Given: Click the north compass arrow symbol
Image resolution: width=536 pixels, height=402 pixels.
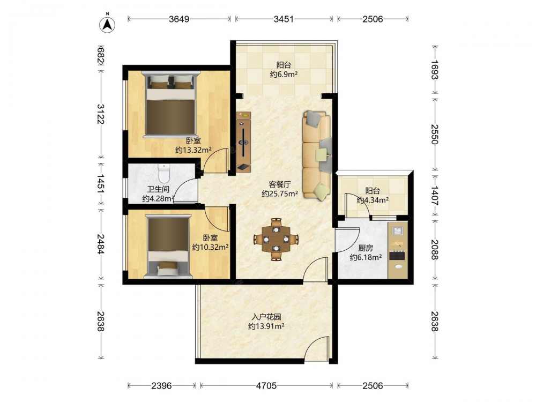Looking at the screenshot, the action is tap(107, 24).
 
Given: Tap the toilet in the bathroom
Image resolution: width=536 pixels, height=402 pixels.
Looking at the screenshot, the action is tap(164, 173).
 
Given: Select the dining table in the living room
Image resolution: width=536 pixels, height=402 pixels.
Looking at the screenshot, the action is tap(276, 239).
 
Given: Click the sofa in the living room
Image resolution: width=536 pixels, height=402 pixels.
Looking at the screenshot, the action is tap(317, 155).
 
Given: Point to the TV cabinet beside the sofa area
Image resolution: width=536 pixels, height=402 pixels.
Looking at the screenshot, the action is tap(243, 142).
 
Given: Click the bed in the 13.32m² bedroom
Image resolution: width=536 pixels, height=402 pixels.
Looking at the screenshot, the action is tap(170, 104).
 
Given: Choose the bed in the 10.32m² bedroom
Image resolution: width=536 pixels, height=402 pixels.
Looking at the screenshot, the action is tap(168, 247).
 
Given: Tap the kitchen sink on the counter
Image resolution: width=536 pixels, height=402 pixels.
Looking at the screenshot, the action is tap(397, 230).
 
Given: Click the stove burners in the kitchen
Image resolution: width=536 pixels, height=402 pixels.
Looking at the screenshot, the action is tap(397, 255).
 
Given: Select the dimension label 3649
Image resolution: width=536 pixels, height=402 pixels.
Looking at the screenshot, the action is tap(179, 19).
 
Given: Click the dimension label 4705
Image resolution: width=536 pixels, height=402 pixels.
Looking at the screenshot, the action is tap(266, 386).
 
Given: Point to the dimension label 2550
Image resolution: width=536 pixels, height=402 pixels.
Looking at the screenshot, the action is tap(434, 134).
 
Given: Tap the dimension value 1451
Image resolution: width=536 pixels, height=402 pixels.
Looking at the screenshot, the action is tap(100, 184).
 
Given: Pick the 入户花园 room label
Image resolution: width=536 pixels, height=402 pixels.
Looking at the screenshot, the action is tap(266, 317).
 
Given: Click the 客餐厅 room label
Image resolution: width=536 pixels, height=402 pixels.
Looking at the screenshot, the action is tap(280, 184).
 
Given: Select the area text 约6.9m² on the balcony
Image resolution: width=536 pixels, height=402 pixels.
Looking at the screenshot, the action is tap(284, 74).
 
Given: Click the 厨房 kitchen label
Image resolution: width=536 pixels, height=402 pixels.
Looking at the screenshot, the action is tap(366, 248).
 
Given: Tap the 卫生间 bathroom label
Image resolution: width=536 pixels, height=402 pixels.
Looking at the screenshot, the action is tap(158, 189).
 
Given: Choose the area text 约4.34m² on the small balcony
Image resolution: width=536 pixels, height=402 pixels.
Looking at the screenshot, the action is tap(373, 200).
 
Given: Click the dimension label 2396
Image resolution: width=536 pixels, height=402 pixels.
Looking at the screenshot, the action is tap(161, 386).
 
